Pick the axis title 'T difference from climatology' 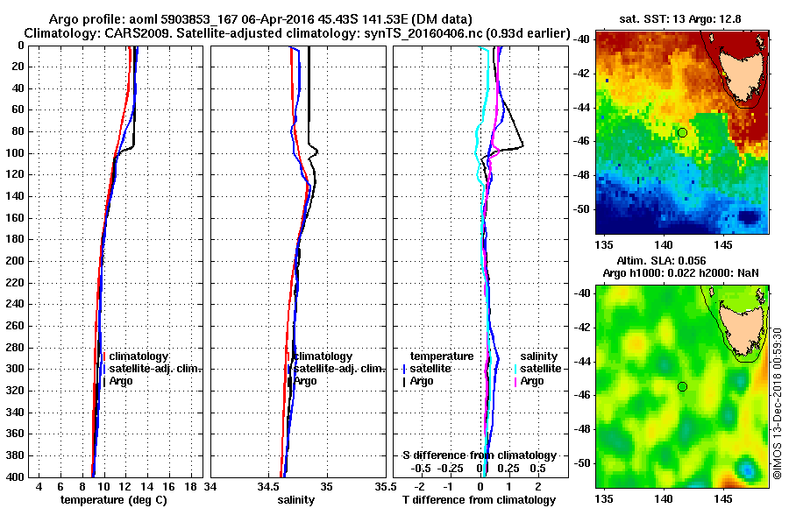pyautogui.click(x=479, y=499)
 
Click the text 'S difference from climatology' pyautogui.click(x=479, y=455)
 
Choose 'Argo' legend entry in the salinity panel pyautogui.click(x=306, y=381)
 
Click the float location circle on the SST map pyautogui.click(x=682, y=132)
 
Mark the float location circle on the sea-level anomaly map pyautogui.click(x=682, y=386)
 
